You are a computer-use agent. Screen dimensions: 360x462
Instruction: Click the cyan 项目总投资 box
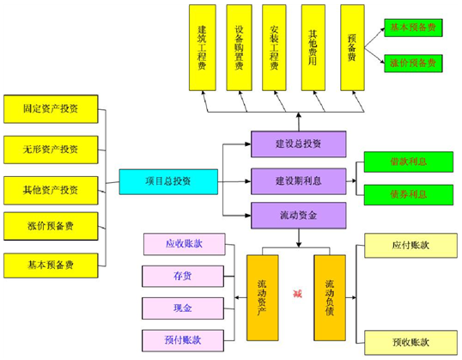point(168,181)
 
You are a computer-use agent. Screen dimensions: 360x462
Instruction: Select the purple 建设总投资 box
point(298,143)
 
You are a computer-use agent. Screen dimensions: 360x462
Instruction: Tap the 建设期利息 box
point(298,180)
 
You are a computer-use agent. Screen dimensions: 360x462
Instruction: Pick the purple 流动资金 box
point(298,214)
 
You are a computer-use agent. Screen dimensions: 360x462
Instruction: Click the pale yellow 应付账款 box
point(410,245)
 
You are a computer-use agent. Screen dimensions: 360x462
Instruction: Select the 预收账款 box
point(410,342)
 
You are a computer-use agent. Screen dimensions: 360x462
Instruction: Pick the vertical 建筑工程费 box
point(202,46)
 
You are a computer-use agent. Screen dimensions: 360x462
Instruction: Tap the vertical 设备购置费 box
point(239,46)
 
